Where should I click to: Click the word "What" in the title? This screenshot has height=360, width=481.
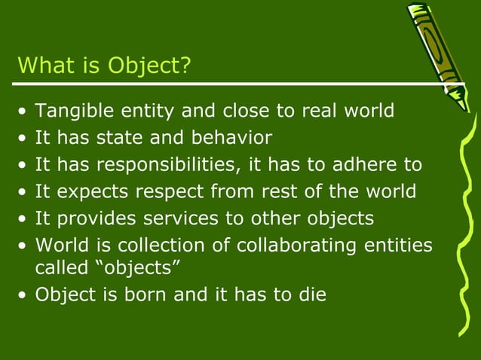tap(43, 66)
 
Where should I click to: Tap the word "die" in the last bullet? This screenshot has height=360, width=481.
tap(311, 294)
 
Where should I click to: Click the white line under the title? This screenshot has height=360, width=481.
tap(226, 84)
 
